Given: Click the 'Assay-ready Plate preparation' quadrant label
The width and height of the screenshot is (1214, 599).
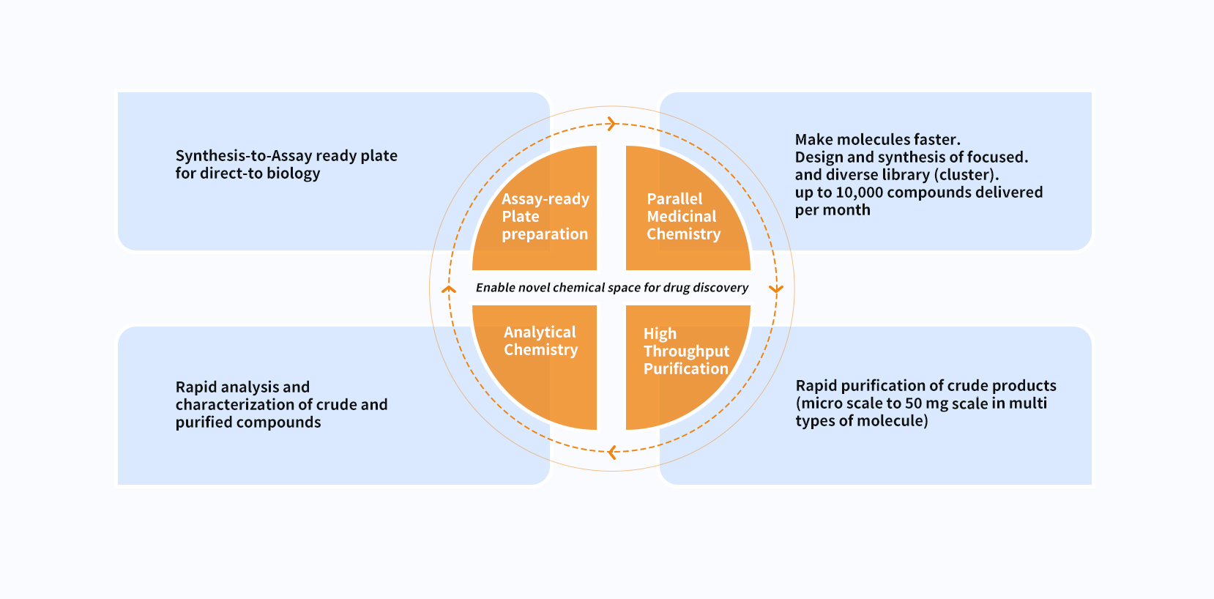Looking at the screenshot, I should click(545, 217).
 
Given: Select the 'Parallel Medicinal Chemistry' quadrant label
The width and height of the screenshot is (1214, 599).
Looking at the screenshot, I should click(682, 217).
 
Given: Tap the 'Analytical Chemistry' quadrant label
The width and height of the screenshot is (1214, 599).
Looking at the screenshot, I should click(540, 341).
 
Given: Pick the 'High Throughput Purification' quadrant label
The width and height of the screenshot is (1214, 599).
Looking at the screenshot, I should click(686, 351).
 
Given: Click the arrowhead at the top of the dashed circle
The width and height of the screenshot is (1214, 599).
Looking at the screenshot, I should click(611, 124).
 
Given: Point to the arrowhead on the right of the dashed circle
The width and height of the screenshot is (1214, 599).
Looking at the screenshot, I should click(776, 289).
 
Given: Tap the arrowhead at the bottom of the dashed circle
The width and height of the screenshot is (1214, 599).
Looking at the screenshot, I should click(612, 453).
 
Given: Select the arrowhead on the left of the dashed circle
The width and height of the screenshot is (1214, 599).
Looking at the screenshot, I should click(449, 290).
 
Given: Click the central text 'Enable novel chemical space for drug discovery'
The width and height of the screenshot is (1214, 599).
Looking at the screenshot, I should click(612, 288).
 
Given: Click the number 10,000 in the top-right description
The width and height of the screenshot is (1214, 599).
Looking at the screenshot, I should click(858, 193).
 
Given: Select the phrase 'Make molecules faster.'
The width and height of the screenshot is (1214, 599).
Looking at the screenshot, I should click(877, 140).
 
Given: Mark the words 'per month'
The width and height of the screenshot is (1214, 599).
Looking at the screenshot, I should click(833, 210).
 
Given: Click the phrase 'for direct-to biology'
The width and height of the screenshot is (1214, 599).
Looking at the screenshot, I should click(247, 174).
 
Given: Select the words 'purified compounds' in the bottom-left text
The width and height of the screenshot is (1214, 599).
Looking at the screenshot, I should click(248, 423).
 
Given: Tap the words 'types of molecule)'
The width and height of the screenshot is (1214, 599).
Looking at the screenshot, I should click(862, 421).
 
